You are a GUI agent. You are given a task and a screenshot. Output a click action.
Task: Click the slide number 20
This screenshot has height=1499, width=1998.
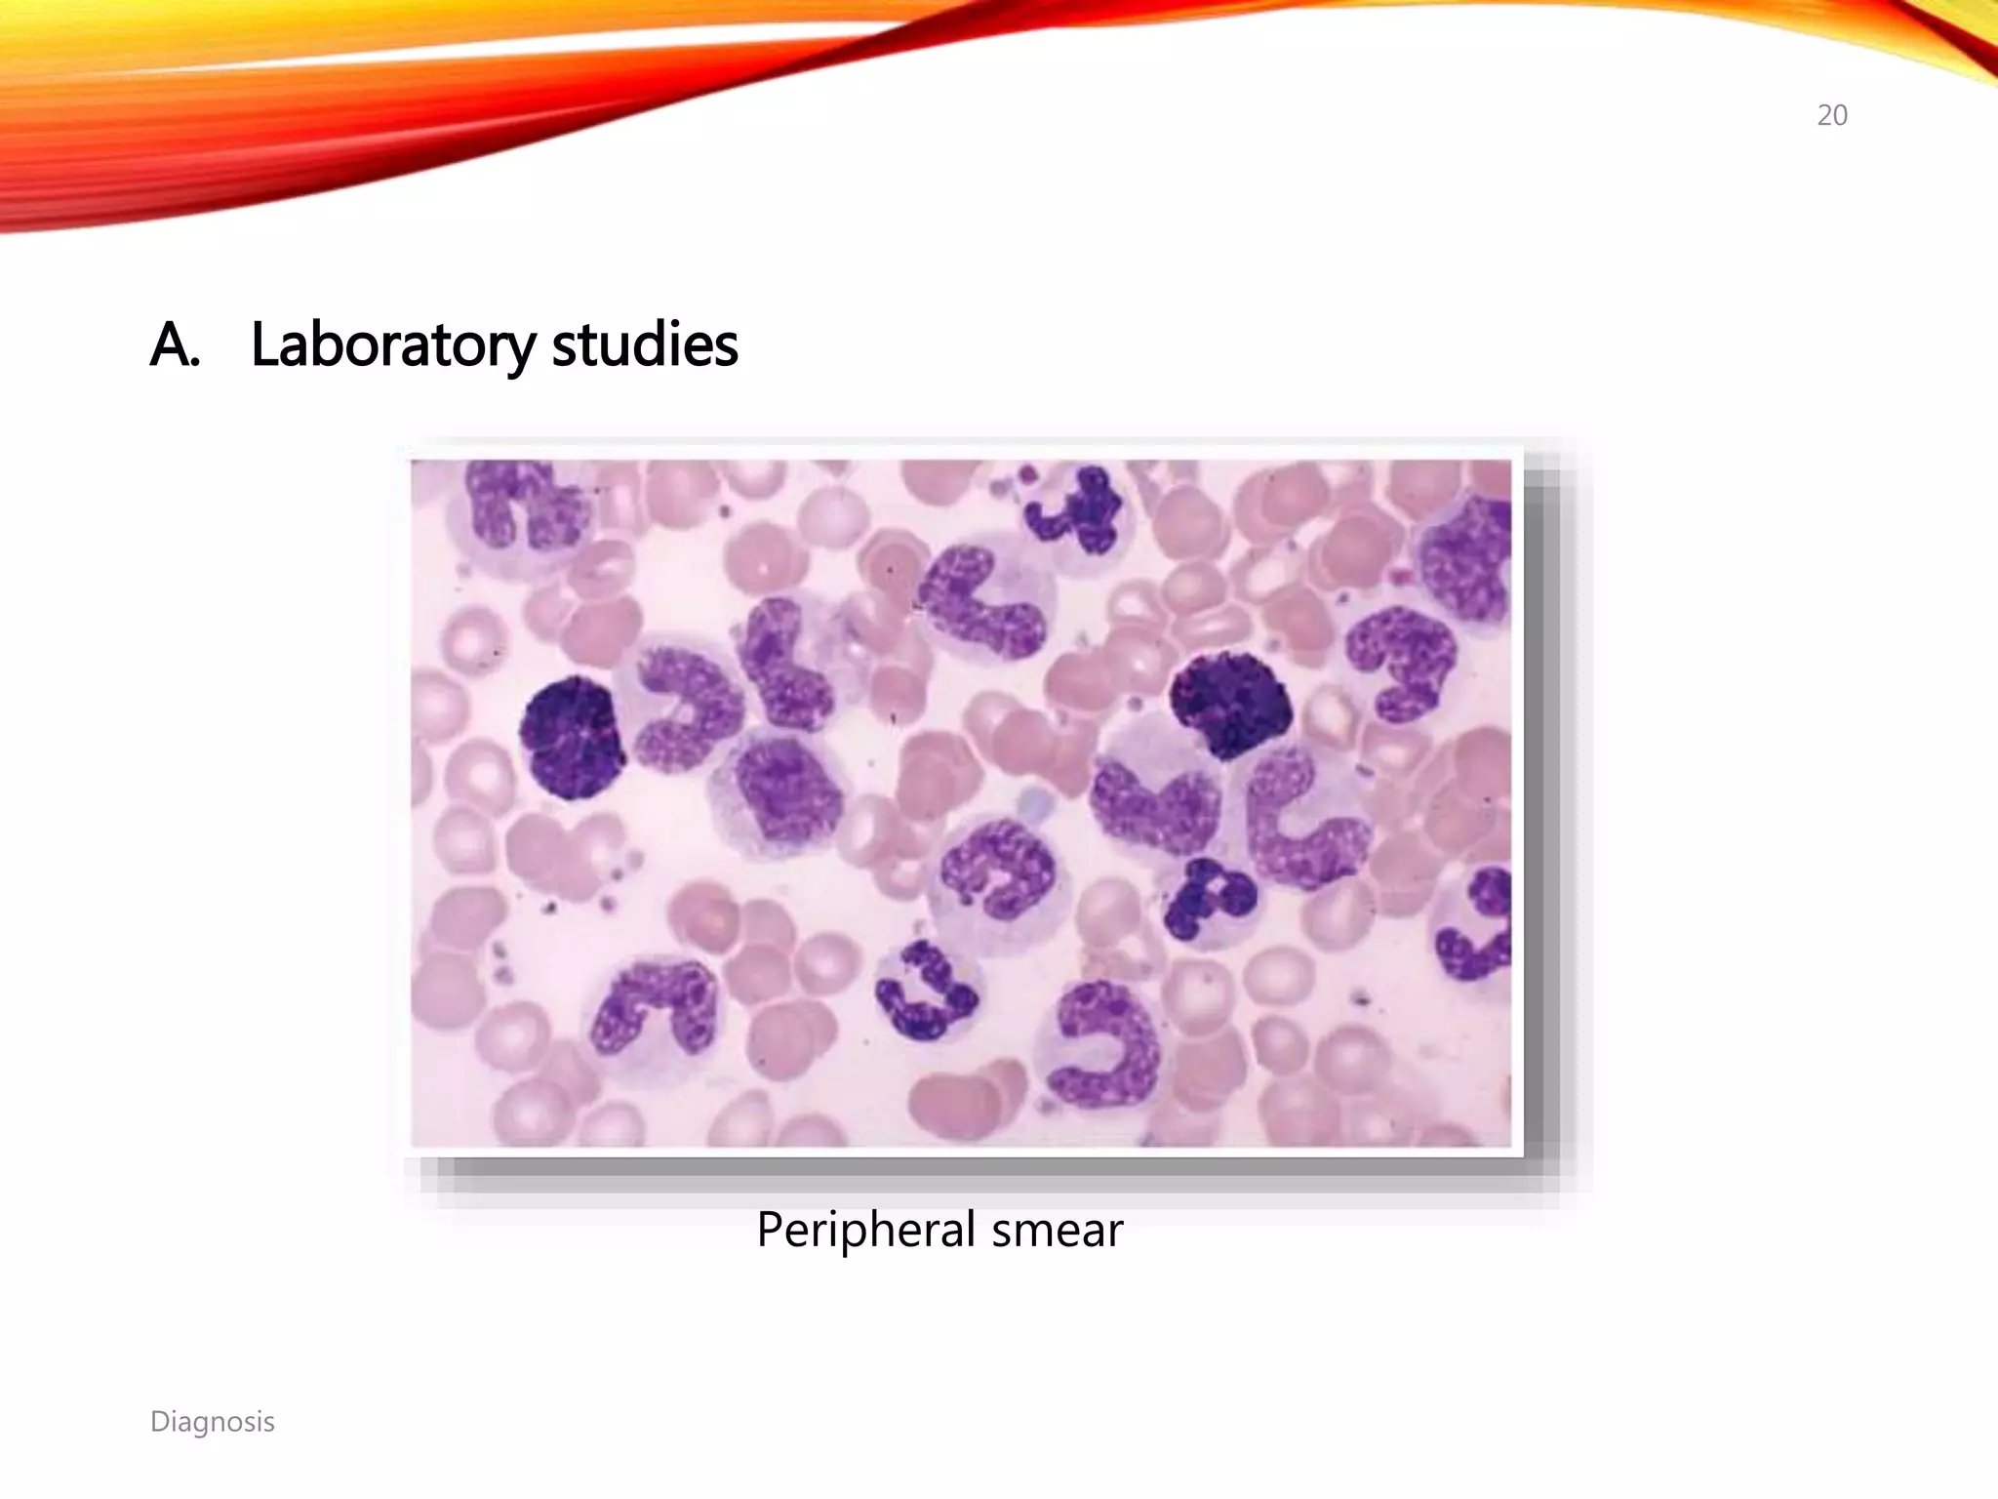1831,115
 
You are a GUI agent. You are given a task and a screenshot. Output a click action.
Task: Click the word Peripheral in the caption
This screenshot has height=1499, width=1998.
865,1229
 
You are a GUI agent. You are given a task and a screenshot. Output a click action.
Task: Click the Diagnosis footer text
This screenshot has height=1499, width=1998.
212,1421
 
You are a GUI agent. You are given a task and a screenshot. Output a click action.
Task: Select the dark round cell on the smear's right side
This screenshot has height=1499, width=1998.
1231,704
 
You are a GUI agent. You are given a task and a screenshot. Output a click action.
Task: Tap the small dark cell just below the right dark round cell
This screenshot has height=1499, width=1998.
1206,898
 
